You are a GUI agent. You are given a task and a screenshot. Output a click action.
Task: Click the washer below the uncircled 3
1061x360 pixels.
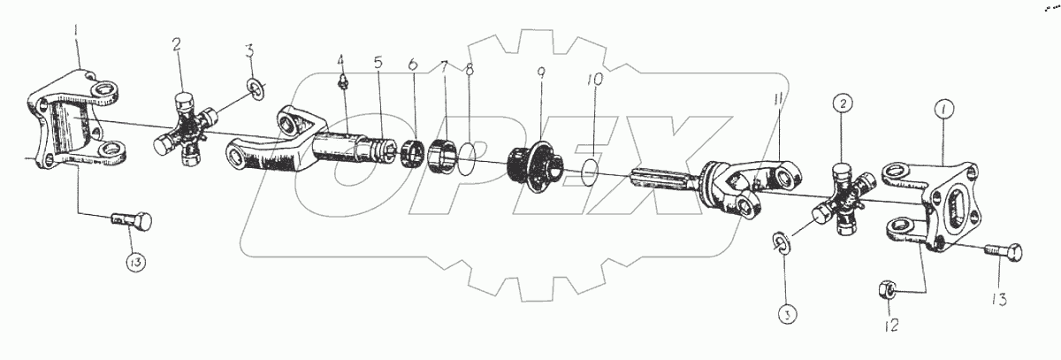click(x=255, y=88)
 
